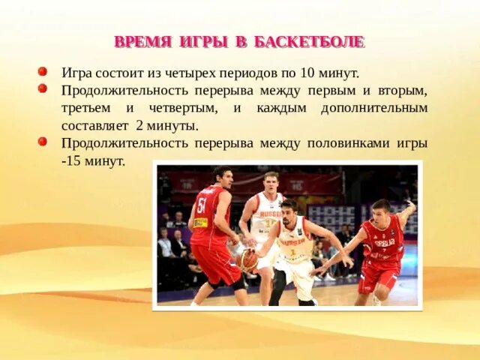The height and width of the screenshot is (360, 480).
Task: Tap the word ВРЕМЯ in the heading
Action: pos(142,42)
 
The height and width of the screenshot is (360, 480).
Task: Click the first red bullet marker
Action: pos(43,71)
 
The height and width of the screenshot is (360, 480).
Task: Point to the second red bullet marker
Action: pos(43,88)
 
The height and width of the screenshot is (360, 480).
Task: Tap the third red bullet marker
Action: pos(43,141)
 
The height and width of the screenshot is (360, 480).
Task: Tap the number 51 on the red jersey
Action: pos(202,205)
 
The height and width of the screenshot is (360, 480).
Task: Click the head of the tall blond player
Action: pos(271,181)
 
